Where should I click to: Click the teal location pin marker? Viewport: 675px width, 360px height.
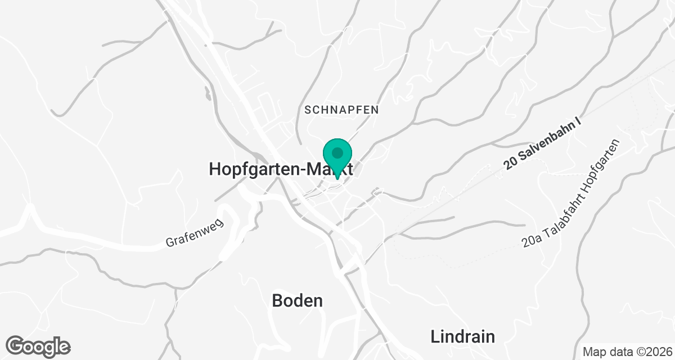[x=337, y=157]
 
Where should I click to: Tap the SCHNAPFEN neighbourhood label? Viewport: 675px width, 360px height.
[x=341, y=110]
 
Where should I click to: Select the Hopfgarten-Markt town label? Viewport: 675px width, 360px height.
[x=281, y=169]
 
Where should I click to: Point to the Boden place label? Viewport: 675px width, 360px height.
[x=298, y=300]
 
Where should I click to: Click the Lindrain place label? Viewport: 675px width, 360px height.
[x=463, y=337]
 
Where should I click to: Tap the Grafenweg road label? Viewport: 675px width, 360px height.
[x=195, y=233]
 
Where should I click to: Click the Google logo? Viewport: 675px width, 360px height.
[x=38, y=346]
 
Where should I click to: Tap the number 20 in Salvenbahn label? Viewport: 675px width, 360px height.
[x=510, y=164]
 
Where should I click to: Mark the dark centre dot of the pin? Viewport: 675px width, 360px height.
[x=337, y=152]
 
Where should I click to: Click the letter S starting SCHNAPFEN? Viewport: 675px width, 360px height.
[x=308, y=110]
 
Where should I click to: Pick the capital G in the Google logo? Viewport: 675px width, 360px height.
[x=17, y=345]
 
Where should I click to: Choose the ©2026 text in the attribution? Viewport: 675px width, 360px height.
[x=647, y=352]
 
